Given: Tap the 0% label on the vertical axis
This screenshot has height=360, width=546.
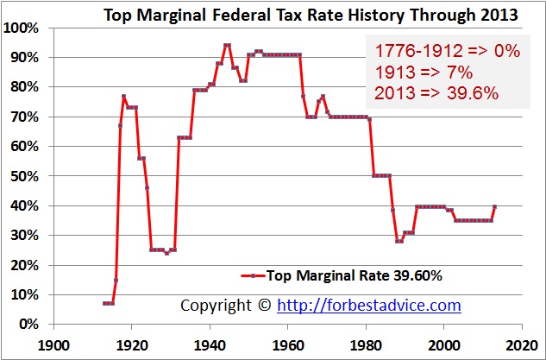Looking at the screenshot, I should pos(28,324).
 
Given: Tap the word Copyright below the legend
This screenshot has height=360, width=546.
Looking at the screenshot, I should pos(217,305).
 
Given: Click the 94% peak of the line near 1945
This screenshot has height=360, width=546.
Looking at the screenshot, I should pos(227,45).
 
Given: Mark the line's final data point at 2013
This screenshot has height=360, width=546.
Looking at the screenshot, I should pos(494,206).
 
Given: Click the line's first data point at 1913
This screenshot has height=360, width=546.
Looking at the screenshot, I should pos(104,303).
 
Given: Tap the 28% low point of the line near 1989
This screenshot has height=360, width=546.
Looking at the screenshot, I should pos(399,241).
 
